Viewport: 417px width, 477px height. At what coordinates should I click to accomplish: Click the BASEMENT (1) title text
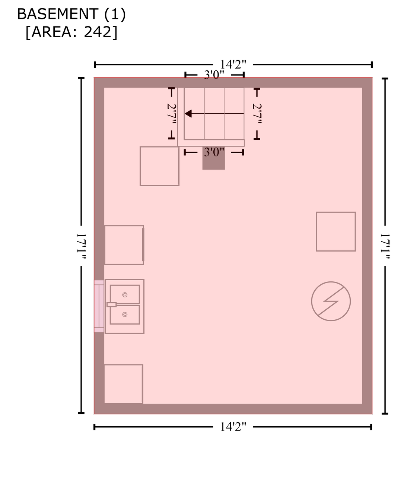coord(71,14)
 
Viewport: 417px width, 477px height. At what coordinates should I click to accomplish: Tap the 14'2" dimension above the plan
coord(233,64)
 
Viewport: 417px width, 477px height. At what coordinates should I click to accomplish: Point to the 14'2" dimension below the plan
coord(233,427)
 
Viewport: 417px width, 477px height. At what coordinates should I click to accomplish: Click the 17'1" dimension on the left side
coord(81,246)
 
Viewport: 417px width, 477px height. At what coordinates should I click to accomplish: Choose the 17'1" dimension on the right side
coord(385,246)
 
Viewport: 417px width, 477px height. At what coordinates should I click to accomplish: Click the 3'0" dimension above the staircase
coord(214,75)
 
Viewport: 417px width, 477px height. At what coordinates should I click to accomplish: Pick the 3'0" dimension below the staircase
coord(214,152)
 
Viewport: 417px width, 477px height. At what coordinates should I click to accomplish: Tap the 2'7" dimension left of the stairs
coord(172,114)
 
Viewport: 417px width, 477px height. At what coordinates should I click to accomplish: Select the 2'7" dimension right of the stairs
coord(257,114)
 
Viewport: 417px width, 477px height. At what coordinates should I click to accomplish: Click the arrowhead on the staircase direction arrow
coord(188,114)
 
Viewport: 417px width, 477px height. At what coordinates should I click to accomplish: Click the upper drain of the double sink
coord(125,295)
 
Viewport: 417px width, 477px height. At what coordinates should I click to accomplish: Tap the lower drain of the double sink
coord(125,315)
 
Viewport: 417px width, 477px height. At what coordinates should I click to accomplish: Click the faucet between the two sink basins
coord(112,304)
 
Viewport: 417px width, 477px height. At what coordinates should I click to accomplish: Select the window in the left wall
coord(99,306)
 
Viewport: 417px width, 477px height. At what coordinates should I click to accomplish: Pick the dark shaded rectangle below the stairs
coord(214,158)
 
